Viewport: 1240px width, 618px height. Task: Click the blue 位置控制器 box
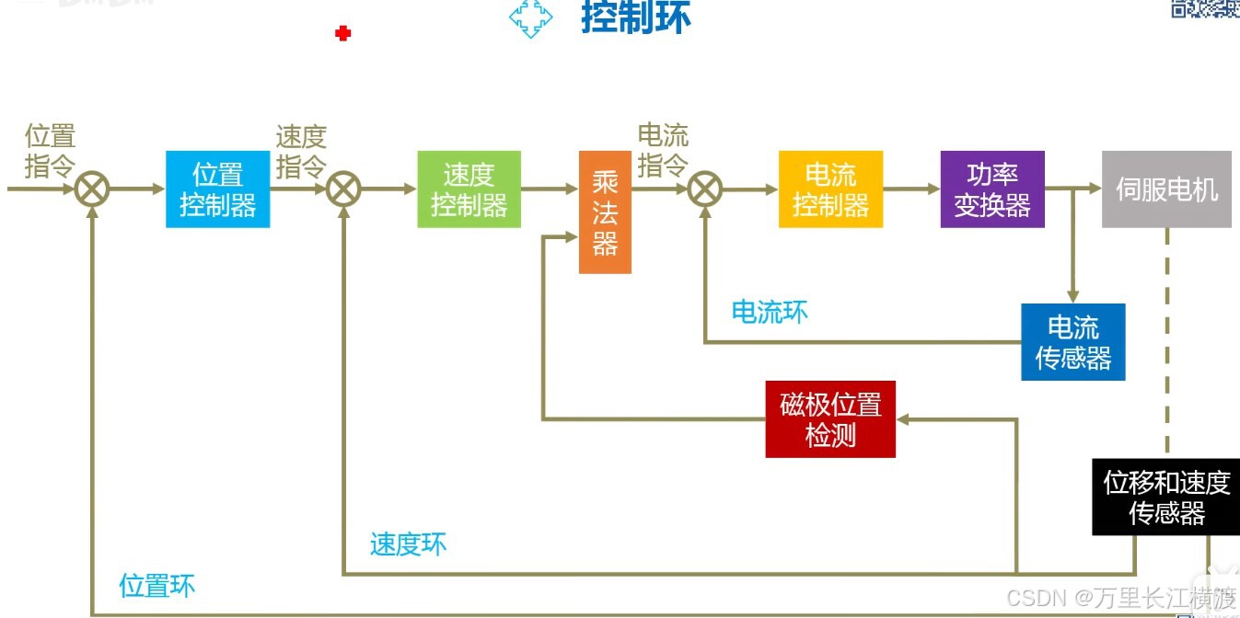click(x=217, y=189)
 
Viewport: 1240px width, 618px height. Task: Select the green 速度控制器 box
click(x=469, y=189)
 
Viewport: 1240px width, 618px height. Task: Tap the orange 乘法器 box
click(x=605, y=212)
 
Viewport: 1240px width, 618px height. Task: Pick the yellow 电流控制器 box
click(x=830, y=189)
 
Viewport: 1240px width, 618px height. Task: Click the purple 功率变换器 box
click(x=992, y=189)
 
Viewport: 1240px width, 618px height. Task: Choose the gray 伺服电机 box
click(x=1166, y=189)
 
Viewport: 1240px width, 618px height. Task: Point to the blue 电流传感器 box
click(x=1072, y=342)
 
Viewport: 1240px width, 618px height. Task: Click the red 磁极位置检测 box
click(x=830, y=419)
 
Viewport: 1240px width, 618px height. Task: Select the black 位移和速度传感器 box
click(x=1166, y=497)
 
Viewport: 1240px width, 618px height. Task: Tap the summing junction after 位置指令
click(x=92, y=189)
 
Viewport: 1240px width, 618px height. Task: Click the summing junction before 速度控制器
click(x=343, y=189)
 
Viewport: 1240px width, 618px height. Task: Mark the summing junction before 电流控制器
click(x=704, y=189)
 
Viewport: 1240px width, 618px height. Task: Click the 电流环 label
click(x=770, y=312)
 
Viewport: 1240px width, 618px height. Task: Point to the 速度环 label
click(x=408, y=544)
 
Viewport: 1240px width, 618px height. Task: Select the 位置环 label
click(x=156, y=586)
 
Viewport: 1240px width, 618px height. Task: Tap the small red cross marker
click(x=343, y=34)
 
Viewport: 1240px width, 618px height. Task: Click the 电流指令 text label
click(x=663, y=151)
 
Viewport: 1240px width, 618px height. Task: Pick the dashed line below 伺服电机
click(x=1166, y=340)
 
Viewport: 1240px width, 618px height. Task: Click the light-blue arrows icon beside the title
click(x=531, y=18)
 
